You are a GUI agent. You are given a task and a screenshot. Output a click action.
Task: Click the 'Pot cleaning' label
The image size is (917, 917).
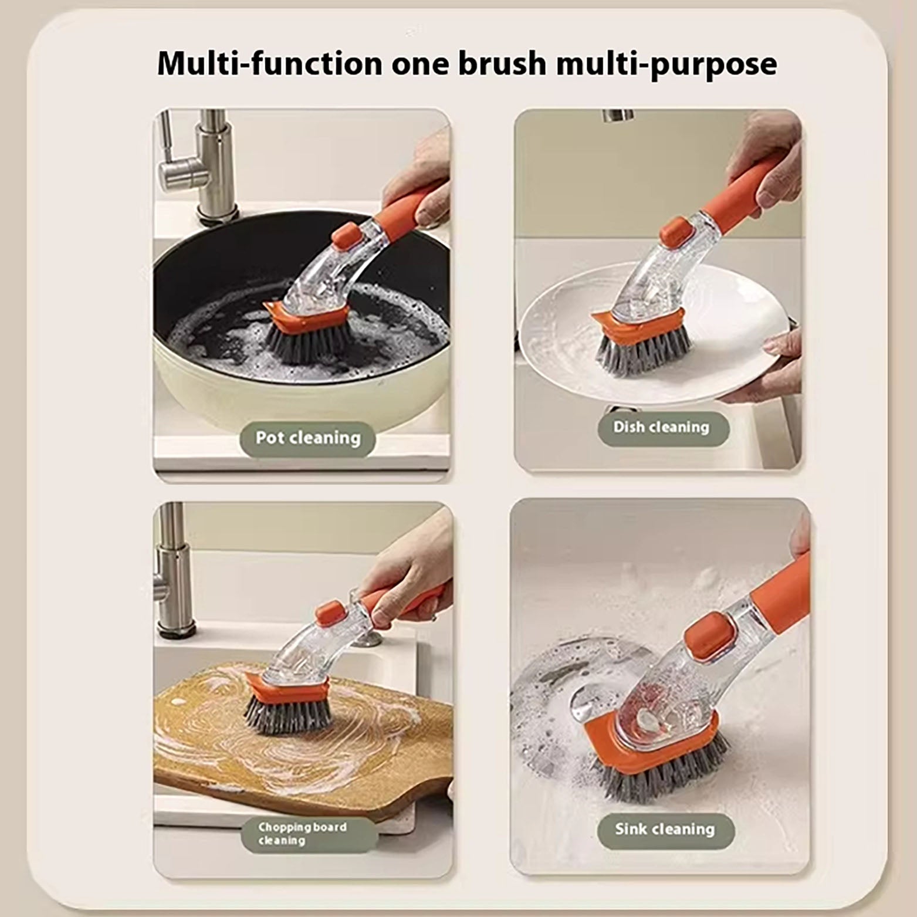click(x=307, y=438)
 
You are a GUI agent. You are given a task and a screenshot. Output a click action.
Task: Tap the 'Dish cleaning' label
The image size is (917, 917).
click(x=662, y=427)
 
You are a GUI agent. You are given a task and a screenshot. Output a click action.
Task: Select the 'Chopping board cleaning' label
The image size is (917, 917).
click(x=303, y=834)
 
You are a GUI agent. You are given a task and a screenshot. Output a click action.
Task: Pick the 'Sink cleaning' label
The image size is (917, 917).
click(x=665, y=830)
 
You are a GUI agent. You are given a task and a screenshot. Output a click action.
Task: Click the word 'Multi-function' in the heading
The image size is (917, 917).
click(x=270, y=63)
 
